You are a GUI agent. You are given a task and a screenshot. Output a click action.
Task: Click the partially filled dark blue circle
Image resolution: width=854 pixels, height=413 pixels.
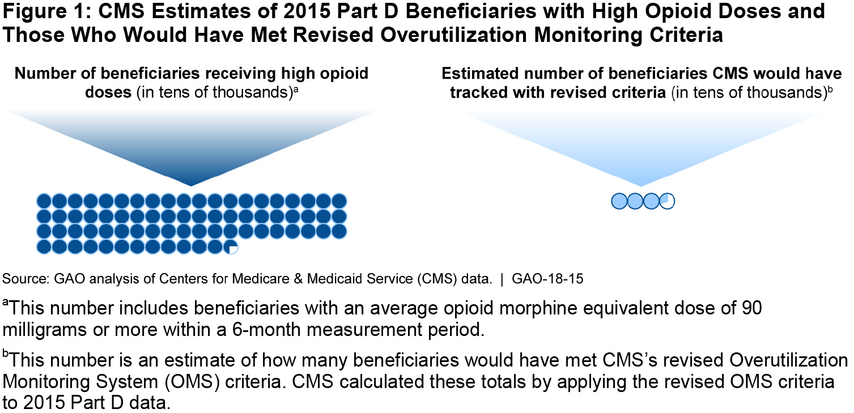coord(231,246)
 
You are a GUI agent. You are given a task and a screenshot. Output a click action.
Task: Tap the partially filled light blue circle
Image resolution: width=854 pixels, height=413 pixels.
coord(667,201)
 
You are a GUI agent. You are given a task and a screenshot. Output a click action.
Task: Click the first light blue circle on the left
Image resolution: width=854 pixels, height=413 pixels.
coord(619,201)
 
